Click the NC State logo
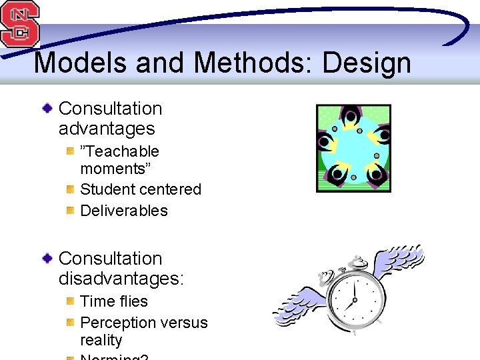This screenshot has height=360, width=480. (x=20, y=24)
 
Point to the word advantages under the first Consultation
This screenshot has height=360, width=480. (x=107, y=129)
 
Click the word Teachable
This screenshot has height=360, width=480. (x=121, y=151)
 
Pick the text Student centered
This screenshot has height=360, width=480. (x=141, y=189)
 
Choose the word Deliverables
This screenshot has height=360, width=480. (x=124, y=211)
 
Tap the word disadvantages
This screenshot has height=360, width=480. (x=120, y=278)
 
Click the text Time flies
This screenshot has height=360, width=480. (x=114, y=301)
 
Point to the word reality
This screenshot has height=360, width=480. (x=101, y=340)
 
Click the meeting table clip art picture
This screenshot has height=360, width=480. (x=353, y=148)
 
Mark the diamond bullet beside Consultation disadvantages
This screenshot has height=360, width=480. (x=47, y=258)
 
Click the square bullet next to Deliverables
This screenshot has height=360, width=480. (x=70, y=211)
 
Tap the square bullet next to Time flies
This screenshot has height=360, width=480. (x=70, y=301)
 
